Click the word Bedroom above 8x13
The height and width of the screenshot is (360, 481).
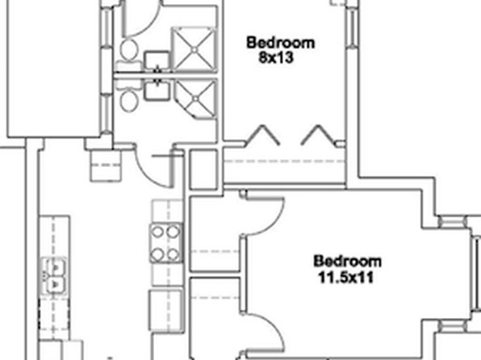point(280,43)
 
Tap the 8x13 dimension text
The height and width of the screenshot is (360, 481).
point(276,57)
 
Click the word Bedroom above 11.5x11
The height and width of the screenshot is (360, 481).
point(348,262)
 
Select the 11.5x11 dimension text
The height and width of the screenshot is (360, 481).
point(346,278)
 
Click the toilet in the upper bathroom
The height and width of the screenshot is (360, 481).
point(129,51)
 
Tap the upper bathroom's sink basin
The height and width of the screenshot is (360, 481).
point(157,61)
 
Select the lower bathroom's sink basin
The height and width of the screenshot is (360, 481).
point(157,90)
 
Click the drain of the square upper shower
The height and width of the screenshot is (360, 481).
point(194,49)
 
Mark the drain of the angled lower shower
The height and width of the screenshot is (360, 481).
point(196,98)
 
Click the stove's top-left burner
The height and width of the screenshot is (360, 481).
point(157,232)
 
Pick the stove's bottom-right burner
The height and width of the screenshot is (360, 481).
point(173,254)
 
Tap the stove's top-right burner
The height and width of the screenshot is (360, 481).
point(173,232)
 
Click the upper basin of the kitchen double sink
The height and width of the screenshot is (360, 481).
point(55,267)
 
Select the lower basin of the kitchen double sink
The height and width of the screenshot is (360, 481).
point(55,285)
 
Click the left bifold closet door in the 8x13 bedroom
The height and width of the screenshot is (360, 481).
point(262,135)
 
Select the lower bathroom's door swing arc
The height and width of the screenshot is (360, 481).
point(146,175)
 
